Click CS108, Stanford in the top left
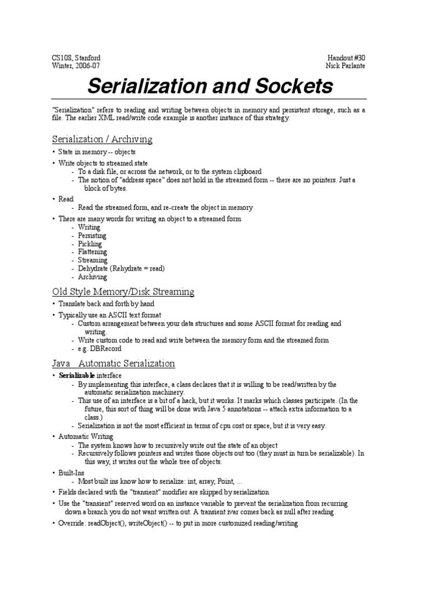click(76, 58)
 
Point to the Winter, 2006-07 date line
click(76, 66)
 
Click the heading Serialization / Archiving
click(102, 139)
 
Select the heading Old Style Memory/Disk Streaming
click(123, 291)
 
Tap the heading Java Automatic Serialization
click(113, 364)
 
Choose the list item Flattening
click(92, 252)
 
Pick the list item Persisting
click(92, 236)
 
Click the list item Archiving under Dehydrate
click(92, 277)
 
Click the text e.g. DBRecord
click(100, 349)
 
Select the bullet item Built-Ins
click(72, 473)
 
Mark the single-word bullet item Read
click(66, 199)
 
